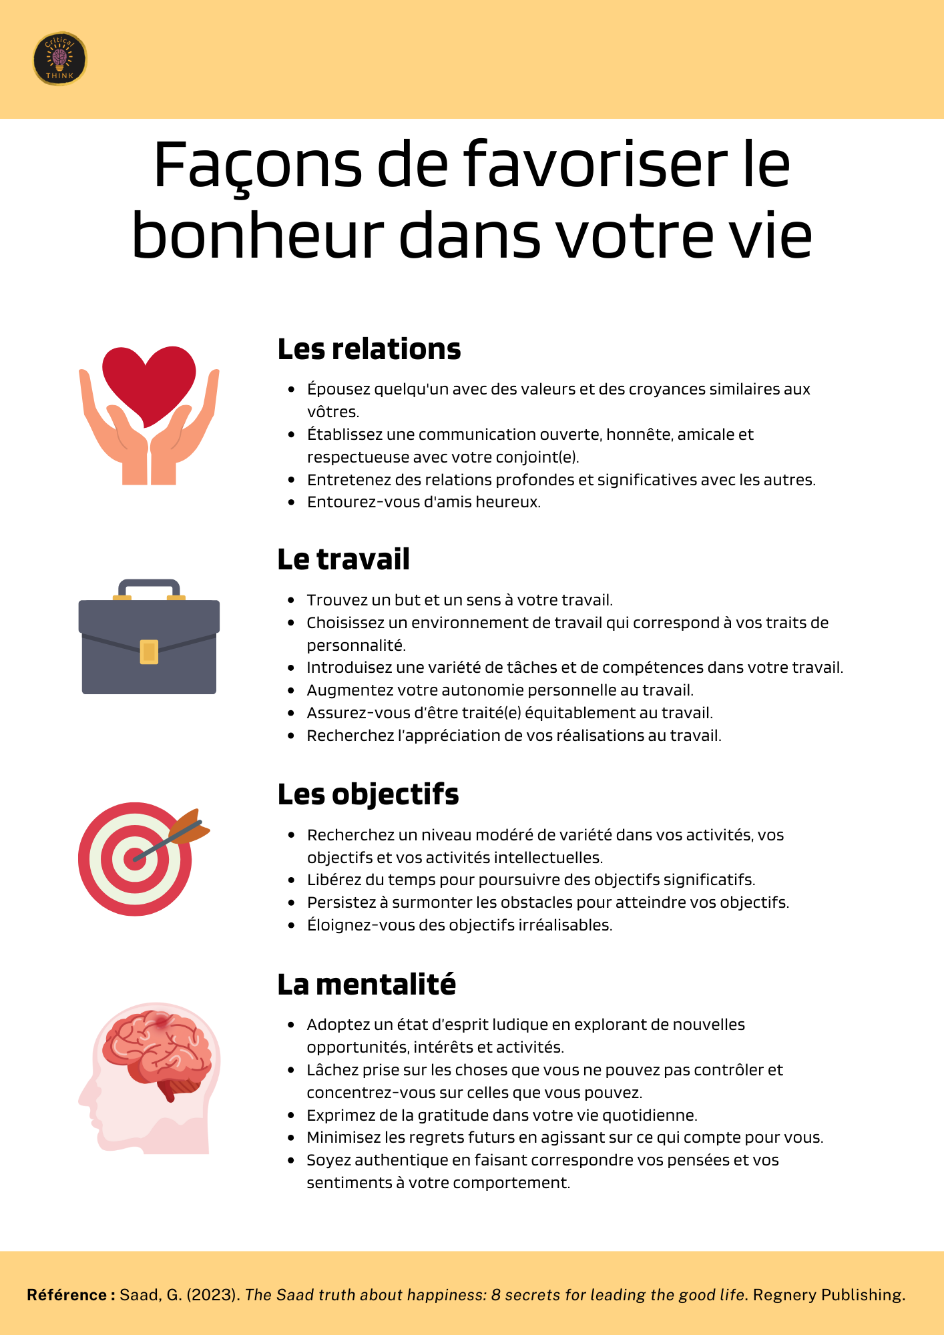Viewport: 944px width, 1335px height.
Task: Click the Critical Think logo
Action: (x=59, y=59)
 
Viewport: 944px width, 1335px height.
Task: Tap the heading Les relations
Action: (x=369, y=349)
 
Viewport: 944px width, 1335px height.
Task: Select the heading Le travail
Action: (x=343, y=559)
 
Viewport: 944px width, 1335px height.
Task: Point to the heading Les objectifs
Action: (x=368, y=794)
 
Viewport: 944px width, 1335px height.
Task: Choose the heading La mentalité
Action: (x=367, y=985)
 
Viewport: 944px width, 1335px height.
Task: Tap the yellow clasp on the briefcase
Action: (x=149, y=651)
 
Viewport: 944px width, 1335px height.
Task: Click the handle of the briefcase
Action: (x=149, y=586)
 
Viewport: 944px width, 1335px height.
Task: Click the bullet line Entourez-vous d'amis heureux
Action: (x=423, y=502)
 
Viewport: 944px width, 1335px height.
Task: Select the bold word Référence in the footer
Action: (x=65, y=1295)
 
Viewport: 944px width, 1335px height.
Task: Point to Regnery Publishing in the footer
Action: (x=829, y=1295)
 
